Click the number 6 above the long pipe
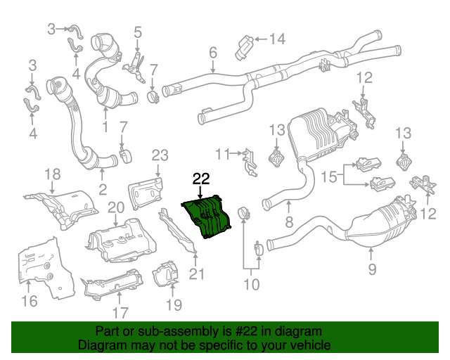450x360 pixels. (212, 52)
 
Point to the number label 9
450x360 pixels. (372, 268)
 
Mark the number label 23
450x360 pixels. (160, 155)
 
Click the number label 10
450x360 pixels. (251, 284)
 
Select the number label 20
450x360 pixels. (116, 207)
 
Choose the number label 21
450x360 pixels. (196, 274)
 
